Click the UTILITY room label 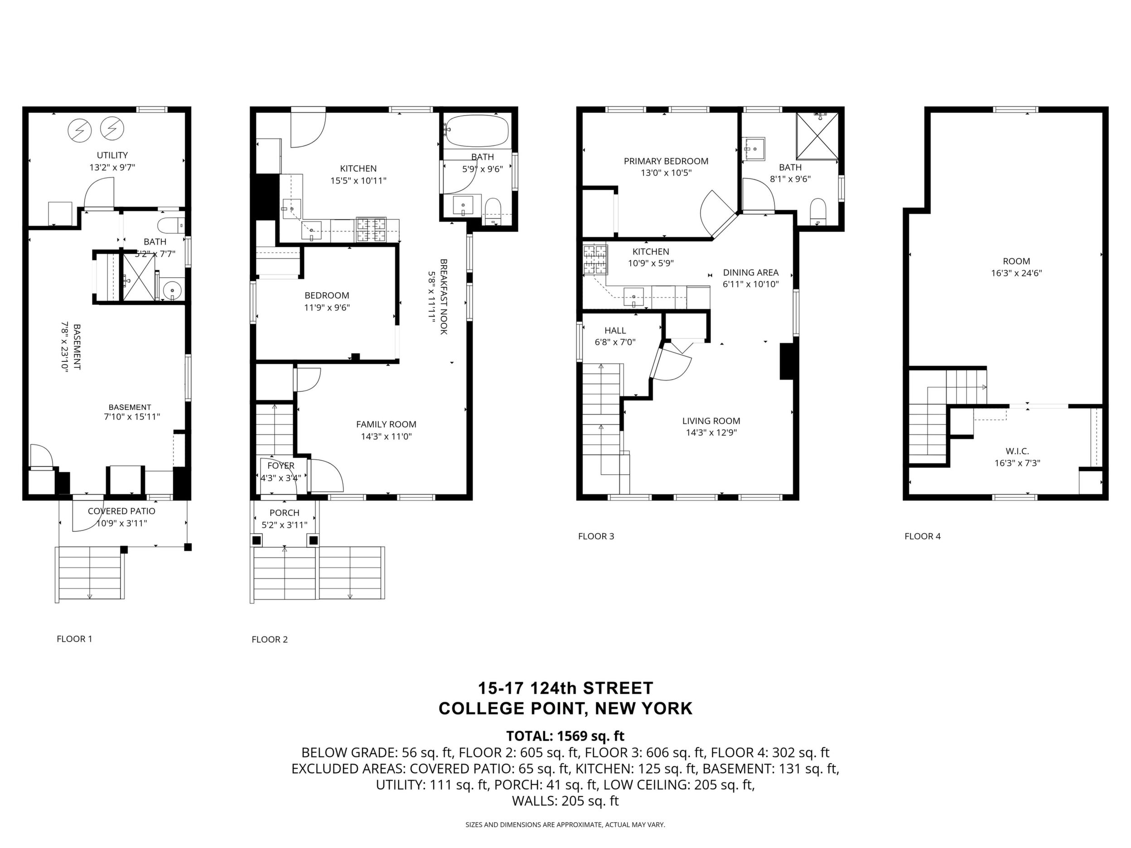112,155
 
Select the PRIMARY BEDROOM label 666,161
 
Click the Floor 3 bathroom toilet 818,212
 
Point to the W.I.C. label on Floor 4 1017,451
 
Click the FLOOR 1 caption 75,638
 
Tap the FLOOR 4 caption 923,536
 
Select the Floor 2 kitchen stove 371,230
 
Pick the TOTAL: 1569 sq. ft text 565,736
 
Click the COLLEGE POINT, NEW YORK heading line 565,708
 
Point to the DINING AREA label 750,272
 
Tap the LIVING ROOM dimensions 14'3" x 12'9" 711,433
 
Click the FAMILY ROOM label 386,424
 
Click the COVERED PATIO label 122,511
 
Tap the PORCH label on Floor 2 284,513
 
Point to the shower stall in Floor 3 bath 817,135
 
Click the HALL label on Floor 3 615,331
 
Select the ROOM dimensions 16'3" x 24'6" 1016,273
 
